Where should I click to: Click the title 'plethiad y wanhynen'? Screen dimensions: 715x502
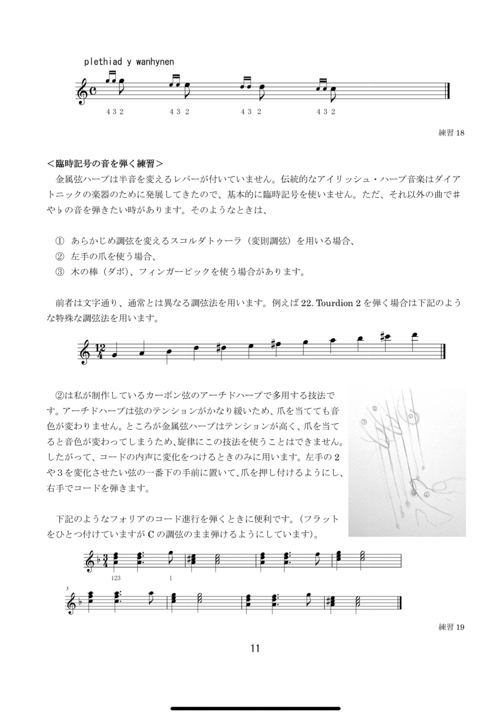[x=129, y=62]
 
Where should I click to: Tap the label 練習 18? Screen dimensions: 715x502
[x=451, y=133]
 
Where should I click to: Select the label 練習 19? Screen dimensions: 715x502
[x=451, y=627]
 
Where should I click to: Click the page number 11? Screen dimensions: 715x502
[x=255, y=648]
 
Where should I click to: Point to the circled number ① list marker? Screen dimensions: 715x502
[x=60, y=241]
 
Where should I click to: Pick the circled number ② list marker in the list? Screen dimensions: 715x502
[x=60, y=256]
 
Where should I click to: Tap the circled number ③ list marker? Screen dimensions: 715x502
[x=60, y=272]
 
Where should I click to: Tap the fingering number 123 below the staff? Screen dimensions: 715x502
[x=116, y=578]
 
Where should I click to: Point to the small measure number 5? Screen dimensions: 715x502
[x=68, y=589]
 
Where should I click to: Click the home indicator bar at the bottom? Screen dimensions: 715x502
[x=255, y=697]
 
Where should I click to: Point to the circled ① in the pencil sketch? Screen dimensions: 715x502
[x=411, y=417]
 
